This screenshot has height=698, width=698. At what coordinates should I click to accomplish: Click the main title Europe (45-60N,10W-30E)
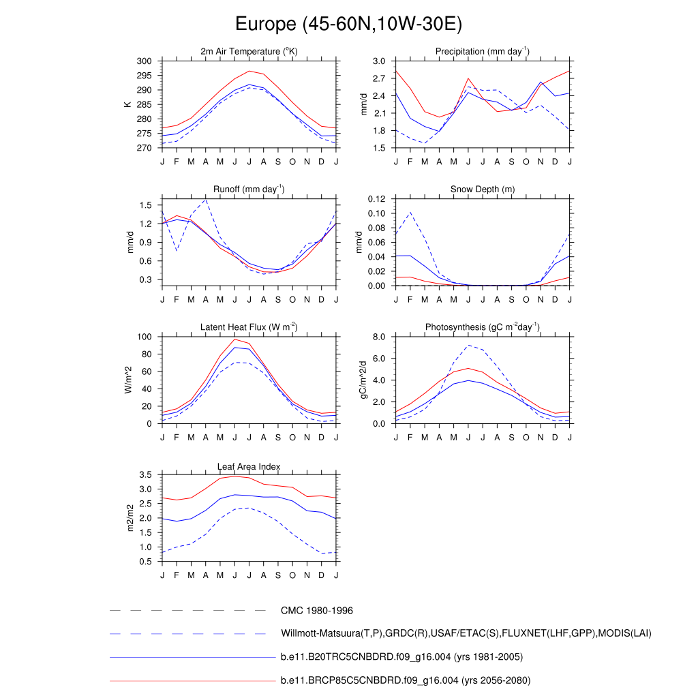click(x=348, y=25)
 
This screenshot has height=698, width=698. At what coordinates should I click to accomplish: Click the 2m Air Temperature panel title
click(x=249, y=52)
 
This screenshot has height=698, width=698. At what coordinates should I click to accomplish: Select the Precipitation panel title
click(x=483, y=52)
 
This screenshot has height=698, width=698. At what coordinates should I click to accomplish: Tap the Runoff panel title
click(x=249, y=189)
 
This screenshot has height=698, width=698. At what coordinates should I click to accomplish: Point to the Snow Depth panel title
click(x=483, y=189)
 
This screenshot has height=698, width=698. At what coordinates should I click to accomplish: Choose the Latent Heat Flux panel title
click(x=249, y=327)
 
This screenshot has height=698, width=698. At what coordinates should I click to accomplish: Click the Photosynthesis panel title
click(x=483, y=327)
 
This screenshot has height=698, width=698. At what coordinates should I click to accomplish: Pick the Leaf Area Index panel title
click(x=249, y=466)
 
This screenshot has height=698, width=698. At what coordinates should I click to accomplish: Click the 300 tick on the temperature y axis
click(x=143, y=61)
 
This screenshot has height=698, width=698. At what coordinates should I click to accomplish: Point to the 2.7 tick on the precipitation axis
click(x=379, y=78)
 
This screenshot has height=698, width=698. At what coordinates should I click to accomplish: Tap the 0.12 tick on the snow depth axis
click(x=376, y=199)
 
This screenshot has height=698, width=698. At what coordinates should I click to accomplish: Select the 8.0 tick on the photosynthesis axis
click(x=379, y=337)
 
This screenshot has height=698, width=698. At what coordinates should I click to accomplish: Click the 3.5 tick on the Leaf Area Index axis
click(x=145, y=475)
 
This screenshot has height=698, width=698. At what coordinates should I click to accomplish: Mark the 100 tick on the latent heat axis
click(x=143, y=337)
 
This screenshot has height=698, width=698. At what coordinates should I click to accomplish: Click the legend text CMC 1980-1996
click(x=316, y=611)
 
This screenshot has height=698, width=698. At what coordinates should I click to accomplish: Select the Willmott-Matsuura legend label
click(x=466, y=634)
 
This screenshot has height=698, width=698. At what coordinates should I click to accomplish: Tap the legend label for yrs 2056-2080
click(x=405, y=680)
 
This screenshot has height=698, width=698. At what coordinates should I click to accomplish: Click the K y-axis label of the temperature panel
click(x=127, y=104)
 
